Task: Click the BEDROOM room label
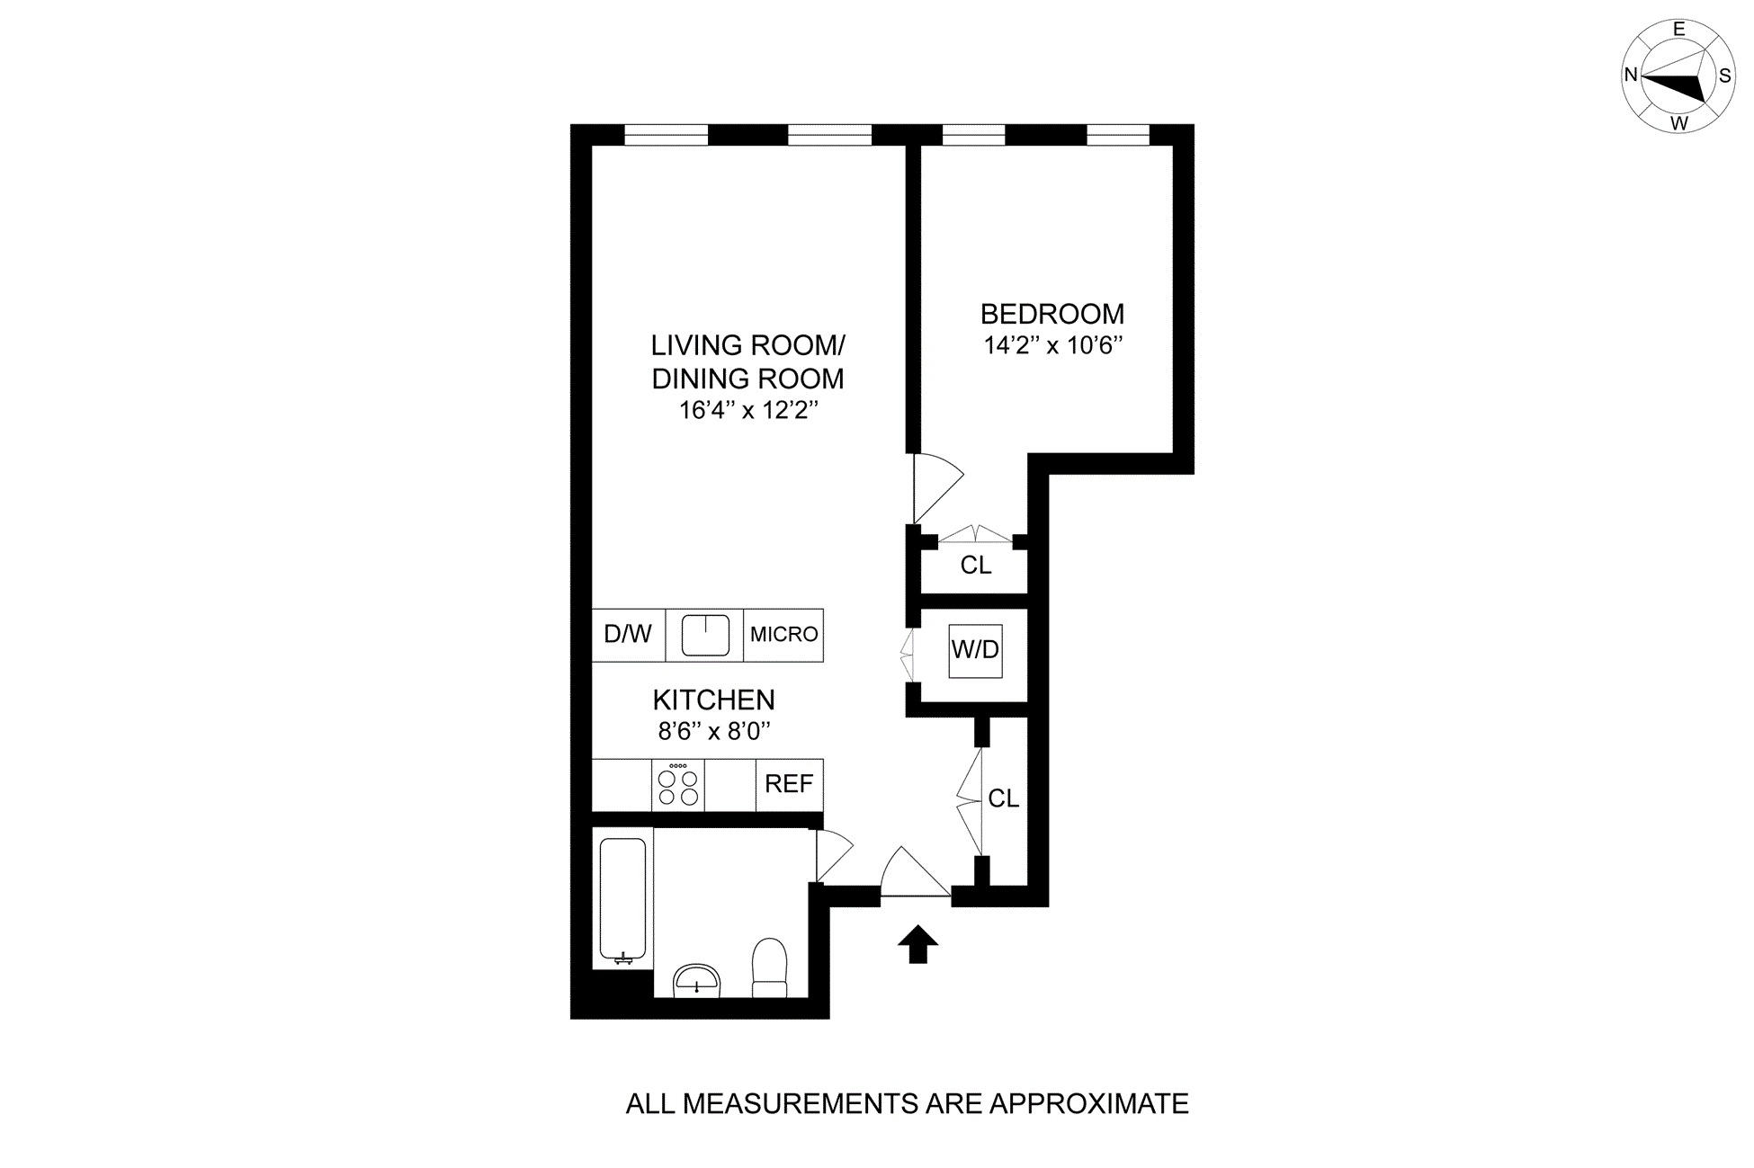point(1052,314)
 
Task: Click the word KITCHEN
point(713,700)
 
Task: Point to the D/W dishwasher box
point(628,635)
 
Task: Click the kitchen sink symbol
point(704,636)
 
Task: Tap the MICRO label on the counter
point(783,635)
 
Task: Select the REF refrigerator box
point(789,784)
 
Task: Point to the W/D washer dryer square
point(975,649)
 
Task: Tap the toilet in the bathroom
point(769,967)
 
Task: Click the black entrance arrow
point(917,944)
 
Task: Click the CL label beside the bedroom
point(976,566)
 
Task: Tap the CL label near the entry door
point(1003,798)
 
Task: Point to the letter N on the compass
point(1631,76)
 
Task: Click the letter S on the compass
point(1724,76)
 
